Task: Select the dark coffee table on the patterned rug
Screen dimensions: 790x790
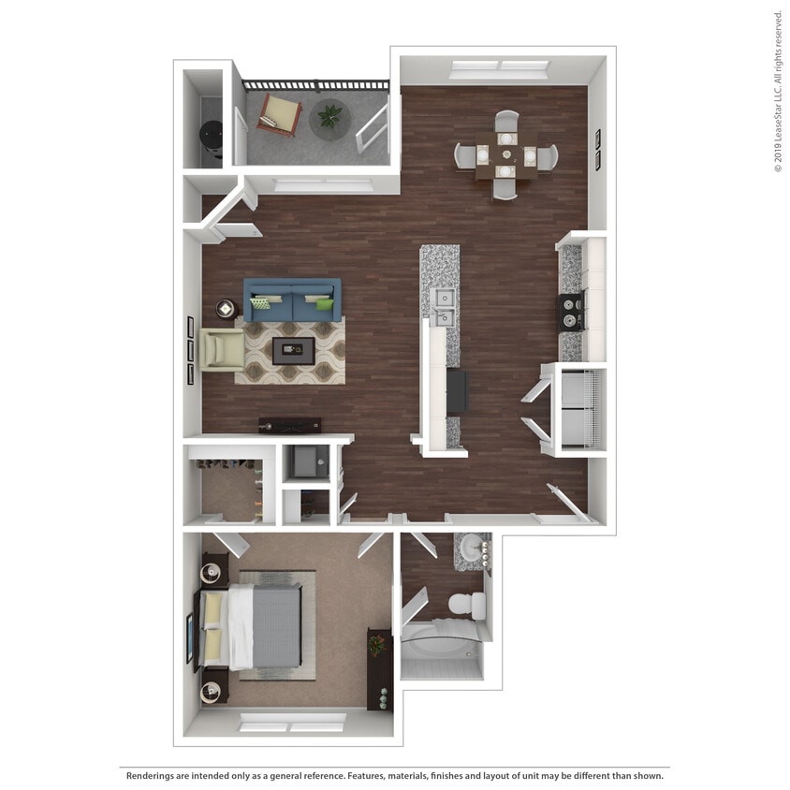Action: (x=293, y=351)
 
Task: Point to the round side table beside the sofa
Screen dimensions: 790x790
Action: (x=227, y=307)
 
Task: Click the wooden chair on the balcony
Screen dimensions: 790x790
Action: (x=280, y=114)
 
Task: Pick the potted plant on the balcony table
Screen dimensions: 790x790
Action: (x=329, y=116)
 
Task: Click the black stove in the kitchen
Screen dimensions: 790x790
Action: (x=571, y=312)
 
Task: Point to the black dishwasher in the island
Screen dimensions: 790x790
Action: (x=457, y=391)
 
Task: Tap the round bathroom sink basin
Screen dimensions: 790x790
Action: (x=471, y=551)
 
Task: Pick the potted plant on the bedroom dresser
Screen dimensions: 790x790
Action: (x=377, y=644)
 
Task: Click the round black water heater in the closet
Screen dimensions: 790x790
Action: (x=212, y=139)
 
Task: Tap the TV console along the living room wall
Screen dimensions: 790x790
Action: (x=289, y=425)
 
